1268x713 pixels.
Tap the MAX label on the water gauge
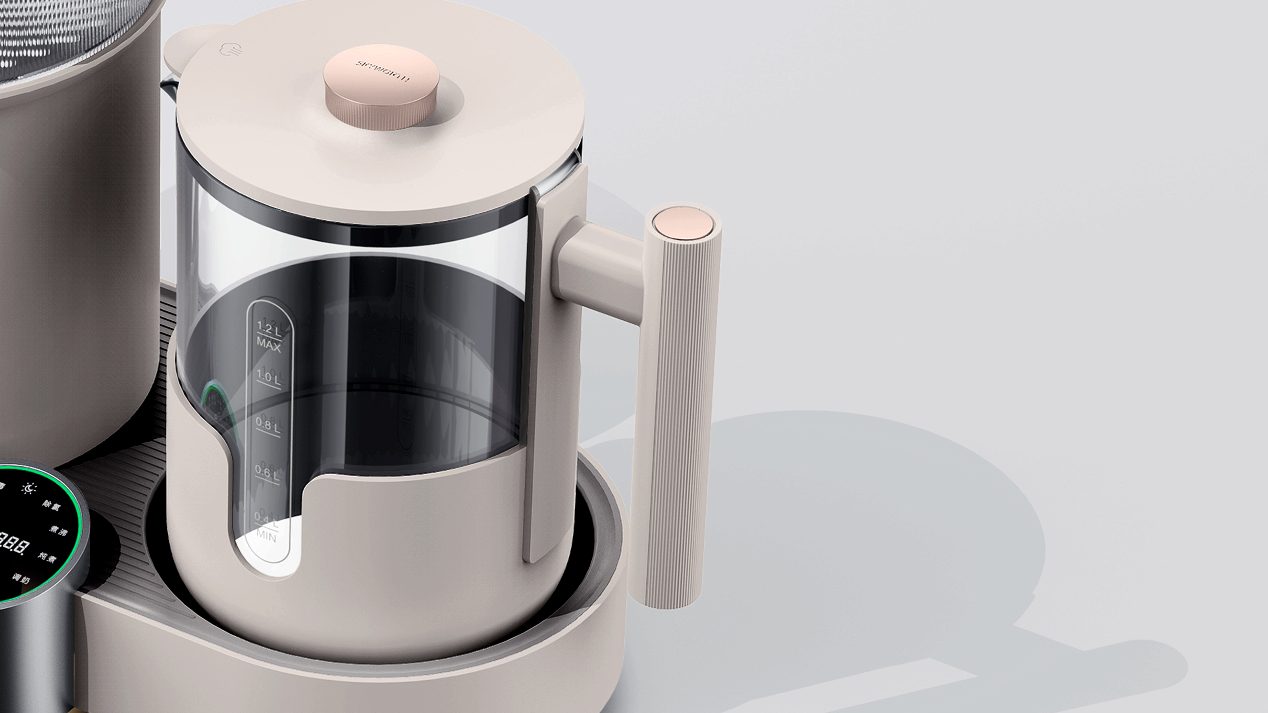(269, 346)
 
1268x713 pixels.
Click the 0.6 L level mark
(267, 473)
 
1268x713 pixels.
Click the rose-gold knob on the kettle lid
(381, 89)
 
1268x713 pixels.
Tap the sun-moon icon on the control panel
(30, 488)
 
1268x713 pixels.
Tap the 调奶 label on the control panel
(21, 580)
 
